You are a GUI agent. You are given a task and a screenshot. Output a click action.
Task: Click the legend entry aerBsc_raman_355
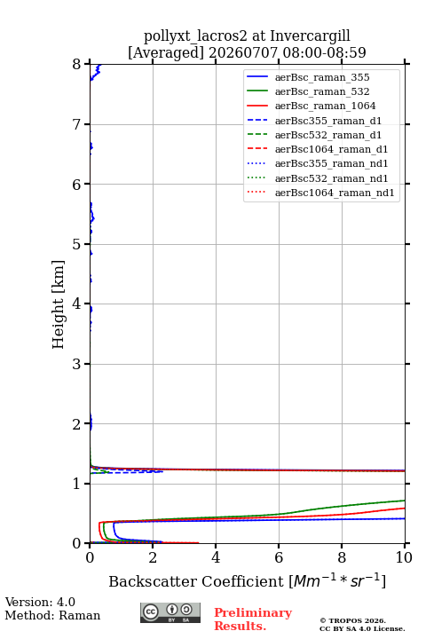pyautogui.click(x=322, y=77)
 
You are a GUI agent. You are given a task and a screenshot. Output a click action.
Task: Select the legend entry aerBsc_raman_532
pyautogui.click(x=322, y=91)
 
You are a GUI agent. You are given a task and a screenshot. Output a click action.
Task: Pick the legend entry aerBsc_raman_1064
pyautogui.click(x=326, y=106)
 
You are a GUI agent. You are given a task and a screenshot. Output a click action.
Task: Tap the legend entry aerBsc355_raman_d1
pyautogui.click(x=328, y=121)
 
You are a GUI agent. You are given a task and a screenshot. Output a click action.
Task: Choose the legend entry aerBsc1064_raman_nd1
pyautogui.click(x=335, y=193)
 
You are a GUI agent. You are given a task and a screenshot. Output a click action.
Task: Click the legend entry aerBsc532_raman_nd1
pyautogui.click(x=331, y=178)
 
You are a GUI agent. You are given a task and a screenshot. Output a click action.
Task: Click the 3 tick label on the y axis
pyautogui.click(x=77, y=364)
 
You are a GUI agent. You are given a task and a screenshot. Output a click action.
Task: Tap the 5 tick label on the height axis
pyautogui.click(x=77, y=244)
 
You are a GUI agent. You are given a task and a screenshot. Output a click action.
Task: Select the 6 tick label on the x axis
pyautogui.click(x=279, y=557)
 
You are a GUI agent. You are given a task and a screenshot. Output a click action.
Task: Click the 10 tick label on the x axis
pyautogui.click(x=405, y=557)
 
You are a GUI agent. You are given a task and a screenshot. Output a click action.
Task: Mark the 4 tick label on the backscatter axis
pyautogui.click(x=216, y=557)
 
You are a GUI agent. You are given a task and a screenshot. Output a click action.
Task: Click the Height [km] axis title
pyautogui.click(x=59, y=304)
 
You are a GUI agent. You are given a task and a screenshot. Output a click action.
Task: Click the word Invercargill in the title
pyautogui.click(x=311, y=36)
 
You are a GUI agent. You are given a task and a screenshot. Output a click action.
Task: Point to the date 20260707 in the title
pyautogui.click(x=243, y=52)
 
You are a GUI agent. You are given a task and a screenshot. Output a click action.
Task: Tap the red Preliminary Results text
pyautogui.click(x=253, y=619)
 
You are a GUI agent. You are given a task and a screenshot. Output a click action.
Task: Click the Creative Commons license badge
pyautogui.click(x=170, y=612)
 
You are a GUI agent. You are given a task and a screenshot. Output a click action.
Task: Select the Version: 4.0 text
pyautogui.click(x=40, y=602)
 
